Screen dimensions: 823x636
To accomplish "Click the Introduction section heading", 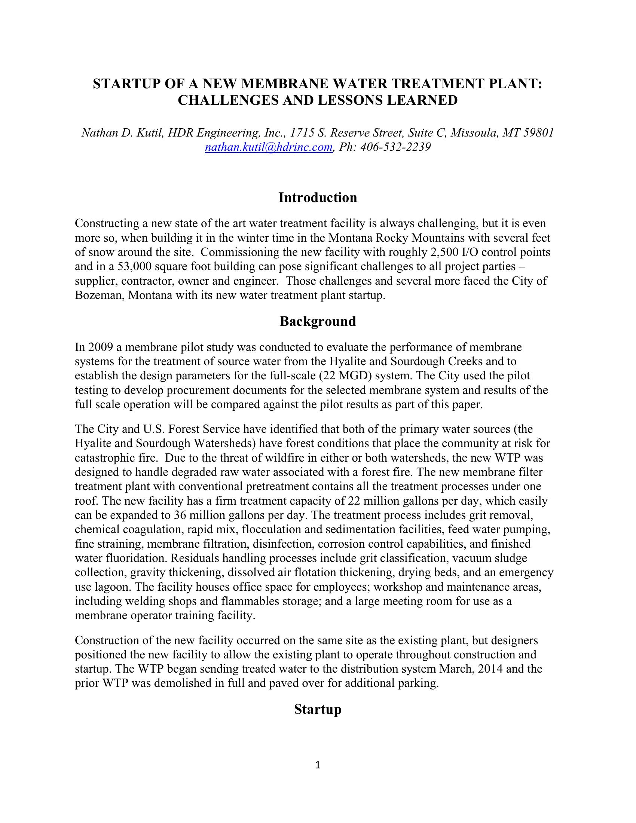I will tap(318, 198).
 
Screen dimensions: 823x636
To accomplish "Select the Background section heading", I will tap(318, 321).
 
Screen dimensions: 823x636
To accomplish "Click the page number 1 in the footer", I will tap(318, 765).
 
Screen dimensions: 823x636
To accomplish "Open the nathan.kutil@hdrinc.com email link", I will tap(269, 147).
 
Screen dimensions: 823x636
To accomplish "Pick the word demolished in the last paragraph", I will tap(172, 683).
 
